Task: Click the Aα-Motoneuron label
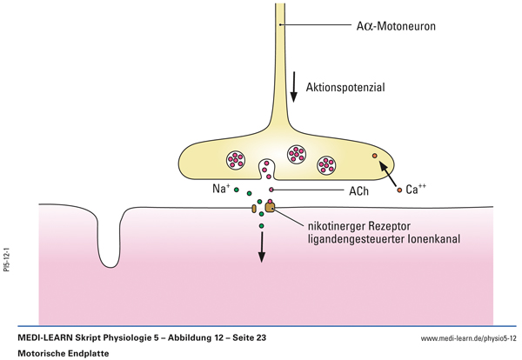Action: point(388,26)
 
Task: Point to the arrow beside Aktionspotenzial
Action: point(294,83)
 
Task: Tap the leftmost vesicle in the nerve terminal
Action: point(237,159)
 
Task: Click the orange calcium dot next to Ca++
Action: point(399,189)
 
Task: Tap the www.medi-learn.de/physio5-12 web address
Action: point(465,337)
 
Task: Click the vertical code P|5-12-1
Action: point(7,260)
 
